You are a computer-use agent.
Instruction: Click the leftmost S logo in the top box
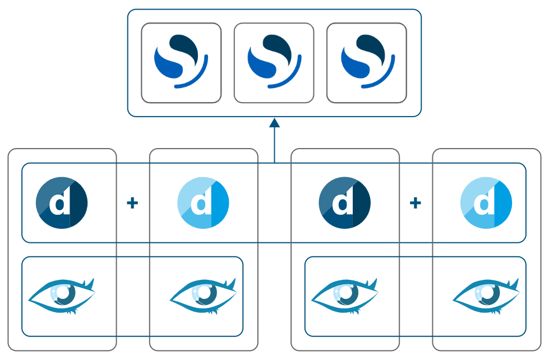pyautogui.click(x=181, y=62)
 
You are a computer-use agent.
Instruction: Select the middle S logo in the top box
pyautogui.click(x=274, y=62)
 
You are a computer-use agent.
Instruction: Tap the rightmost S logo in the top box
pyautogui.click(x=367, y=62)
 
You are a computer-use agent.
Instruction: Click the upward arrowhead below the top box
pyautogui.click(x=274, y=123)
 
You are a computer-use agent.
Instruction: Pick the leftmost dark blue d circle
pyautogui.click(x=61, y=202)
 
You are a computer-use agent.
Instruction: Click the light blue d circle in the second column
pyautogui.click(x=203, y=202)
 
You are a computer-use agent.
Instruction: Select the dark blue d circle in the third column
pyautogui.click(x=344, y=202)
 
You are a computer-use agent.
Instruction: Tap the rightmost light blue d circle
pyautogui.click(x=486, y=202)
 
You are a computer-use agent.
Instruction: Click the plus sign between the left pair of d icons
pyautogui.click(x=132, y=203)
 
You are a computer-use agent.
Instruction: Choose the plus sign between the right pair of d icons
pyautogui.click(x=416, y=203)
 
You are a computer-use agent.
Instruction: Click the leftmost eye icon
pyautogui.click(x=62, y=296)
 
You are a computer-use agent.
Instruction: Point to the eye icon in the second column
pyautogui.click(x=203, y=296)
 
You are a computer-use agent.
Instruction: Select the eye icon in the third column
pyautogui.click(x=344, y=296)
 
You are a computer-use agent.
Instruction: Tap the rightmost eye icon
pyautogui.click(x=486, y=296)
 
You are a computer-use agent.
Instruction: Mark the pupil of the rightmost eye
pyautogui.click(x=488, y=293)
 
